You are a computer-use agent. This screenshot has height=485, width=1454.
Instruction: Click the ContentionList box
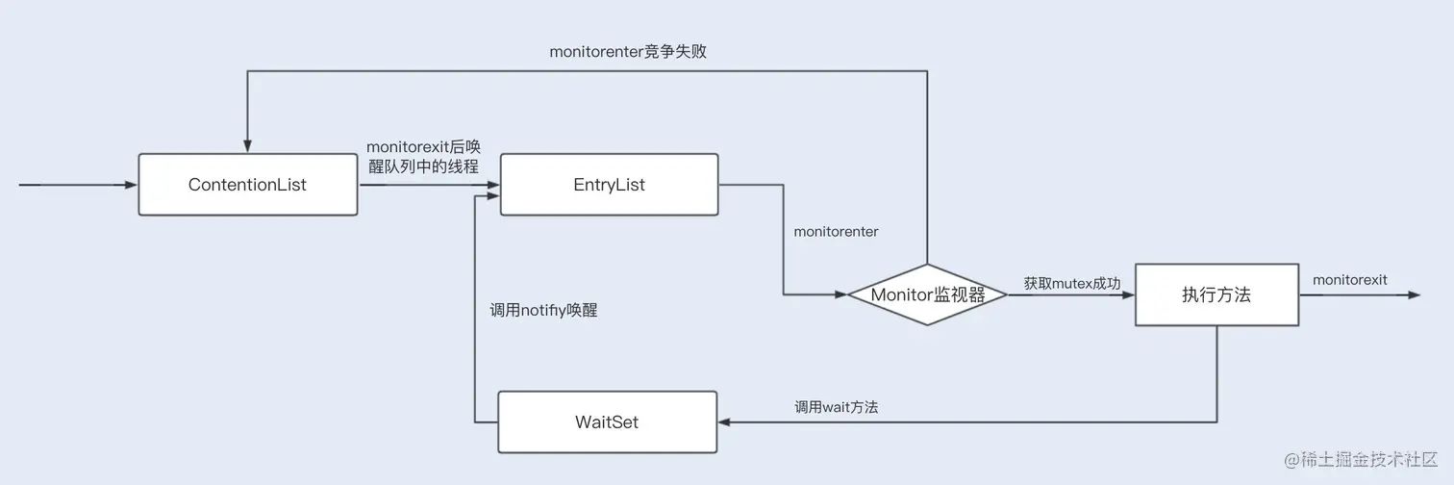248,185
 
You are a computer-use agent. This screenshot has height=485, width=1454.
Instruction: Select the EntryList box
609,185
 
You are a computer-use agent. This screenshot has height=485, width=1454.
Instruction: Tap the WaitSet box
607,421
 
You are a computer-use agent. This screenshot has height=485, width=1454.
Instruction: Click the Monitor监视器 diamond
927,294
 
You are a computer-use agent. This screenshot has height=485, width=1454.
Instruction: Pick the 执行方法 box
1216,294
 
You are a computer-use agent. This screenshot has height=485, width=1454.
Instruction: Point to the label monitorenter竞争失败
628,51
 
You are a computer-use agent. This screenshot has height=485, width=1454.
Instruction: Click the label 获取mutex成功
1071,283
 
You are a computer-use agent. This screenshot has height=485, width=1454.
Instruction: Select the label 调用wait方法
836,407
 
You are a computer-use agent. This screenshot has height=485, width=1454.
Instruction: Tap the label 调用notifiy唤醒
543,310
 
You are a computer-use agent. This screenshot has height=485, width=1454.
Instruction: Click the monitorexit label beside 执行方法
1349,279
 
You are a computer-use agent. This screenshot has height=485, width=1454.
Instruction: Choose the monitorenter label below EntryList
836,232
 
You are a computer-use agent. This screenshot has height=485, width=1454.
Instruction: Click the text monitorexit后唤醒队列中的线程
423,155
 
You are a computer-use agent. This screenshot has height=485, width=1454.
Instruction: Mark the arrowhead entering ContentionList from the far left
132,184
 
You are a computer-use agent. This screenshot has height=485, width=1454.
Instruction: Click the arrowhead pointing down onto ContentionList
247,146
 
